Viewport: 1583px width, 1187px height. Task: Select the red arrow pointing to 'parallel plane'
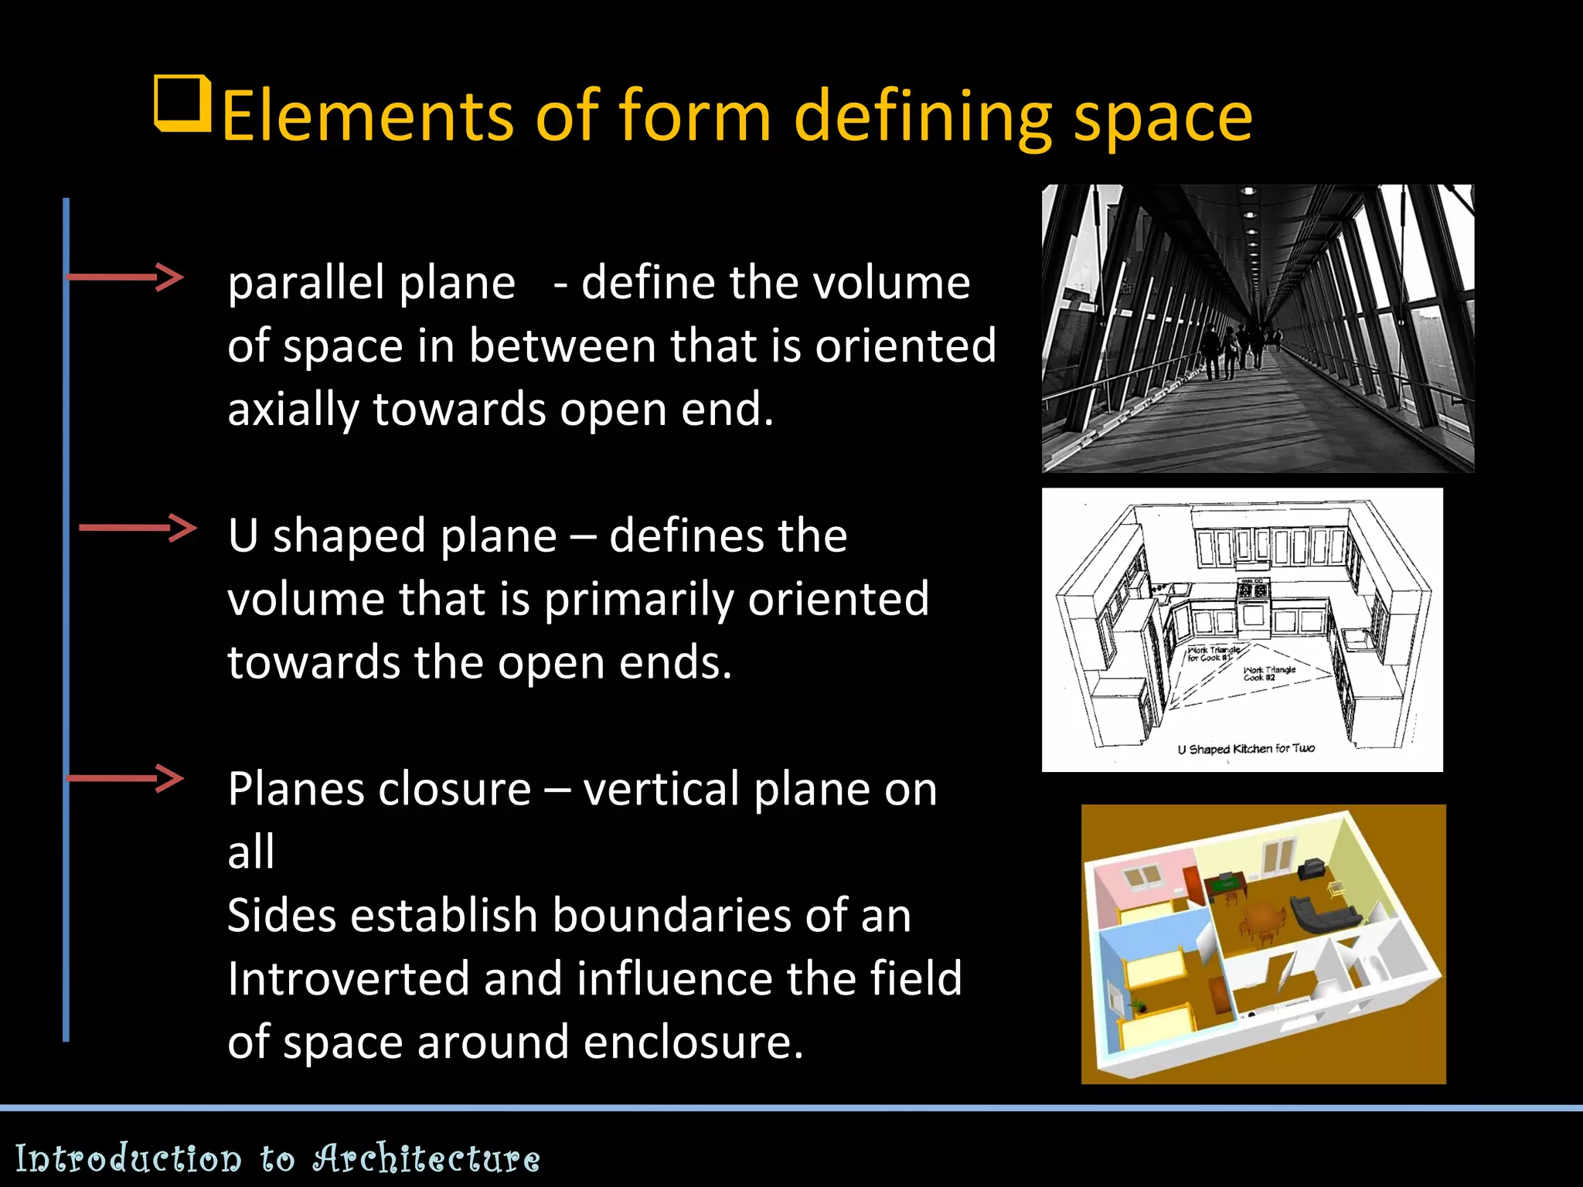click(x=125, y=276)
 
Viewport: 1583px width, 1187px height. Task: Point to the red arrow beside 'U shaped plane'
click(x=138, y=528)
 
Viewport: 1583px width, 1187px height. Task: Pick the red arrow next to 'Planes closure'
click(x=125, y=778)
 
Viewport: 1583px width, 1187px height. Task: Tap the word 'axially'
click(x=293, y=410)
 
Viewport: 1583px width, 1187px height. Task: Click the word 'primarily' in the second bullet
click(x=638, y=600)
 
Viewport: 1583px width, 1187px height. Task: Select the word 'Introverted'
click(x=347, y=978)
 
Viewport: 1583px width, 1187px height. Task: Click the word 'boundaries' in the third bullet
click(x=671, y=916)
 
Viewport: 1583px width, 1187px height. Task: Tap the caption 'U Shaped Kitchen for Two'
click(x=1245, y=749)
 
